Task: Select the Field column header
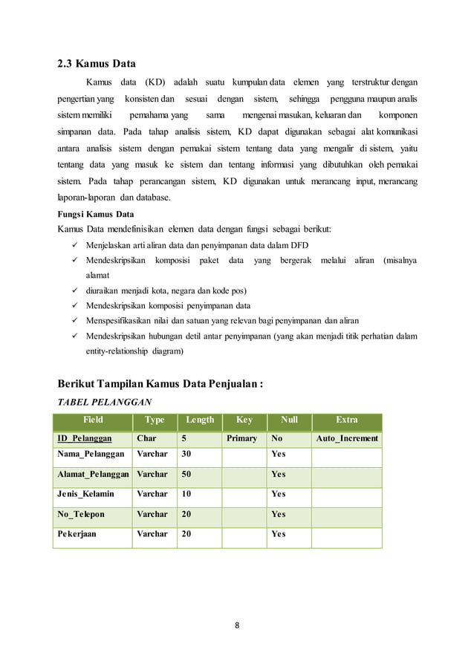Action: (93, 420)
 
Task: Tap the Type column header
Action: (155, 420)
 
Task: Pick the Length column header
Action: (200, 420)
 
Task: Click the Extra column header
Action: (346, 420)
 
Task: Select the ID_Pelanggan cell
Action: (85, 438)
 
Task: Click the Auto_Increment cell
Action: (347, 438)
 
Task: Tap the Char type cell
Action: (146, 438)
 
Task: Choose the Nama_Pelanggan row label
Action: (90, 453)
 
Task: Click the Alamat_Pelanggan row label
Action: (93, 474)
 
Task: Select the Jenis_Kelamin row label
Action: (85, 494)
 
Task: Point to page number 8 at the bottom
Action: (237, 625)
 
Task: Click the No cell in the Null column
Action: (277, 438)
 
